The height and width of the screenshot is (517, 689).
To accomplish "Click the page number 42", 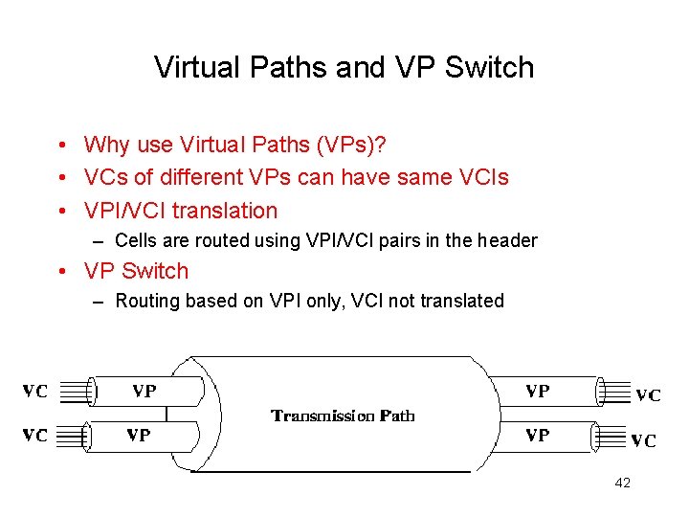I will (x=622, y=483).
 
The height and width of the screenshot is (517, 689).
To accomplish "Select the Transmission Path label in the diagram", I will (x=344, y=416).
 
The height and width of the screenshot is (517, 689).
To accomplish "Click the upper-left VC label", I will (x=35, y=391).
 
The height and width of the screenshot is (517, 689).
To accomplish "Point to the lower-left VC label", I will (x=35, y=435).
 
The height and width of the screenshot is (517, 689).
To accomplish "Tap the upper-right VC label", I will (x=648, y=395).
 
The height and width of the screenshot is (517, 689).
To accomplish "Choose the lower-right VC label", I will (x=643, y=440).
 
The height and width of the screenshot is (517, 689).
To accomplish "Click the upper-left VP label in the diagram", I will (x=144, y=391).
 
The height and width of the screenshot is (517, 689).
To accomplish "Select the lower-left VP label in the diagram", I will (x=139, y=435).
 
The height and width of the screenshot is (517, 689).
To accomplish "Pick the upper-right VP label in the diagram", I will (x=538, y=391).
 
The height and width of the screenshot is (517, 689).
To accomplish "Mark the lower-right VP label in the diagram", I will (x=538, y=435).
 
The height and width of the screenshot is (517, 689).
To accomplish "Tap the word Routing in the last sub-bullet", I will (x=146, y=301).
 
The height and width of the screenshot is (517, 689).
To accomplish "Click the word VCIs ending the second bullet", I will (x=483, y=177).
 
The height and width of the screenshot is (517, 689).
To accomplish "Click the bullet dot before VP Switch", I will (x=60, y=271).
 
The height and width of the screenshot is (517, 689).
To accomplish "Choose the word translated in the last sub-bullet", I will (x=462, y=301).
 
